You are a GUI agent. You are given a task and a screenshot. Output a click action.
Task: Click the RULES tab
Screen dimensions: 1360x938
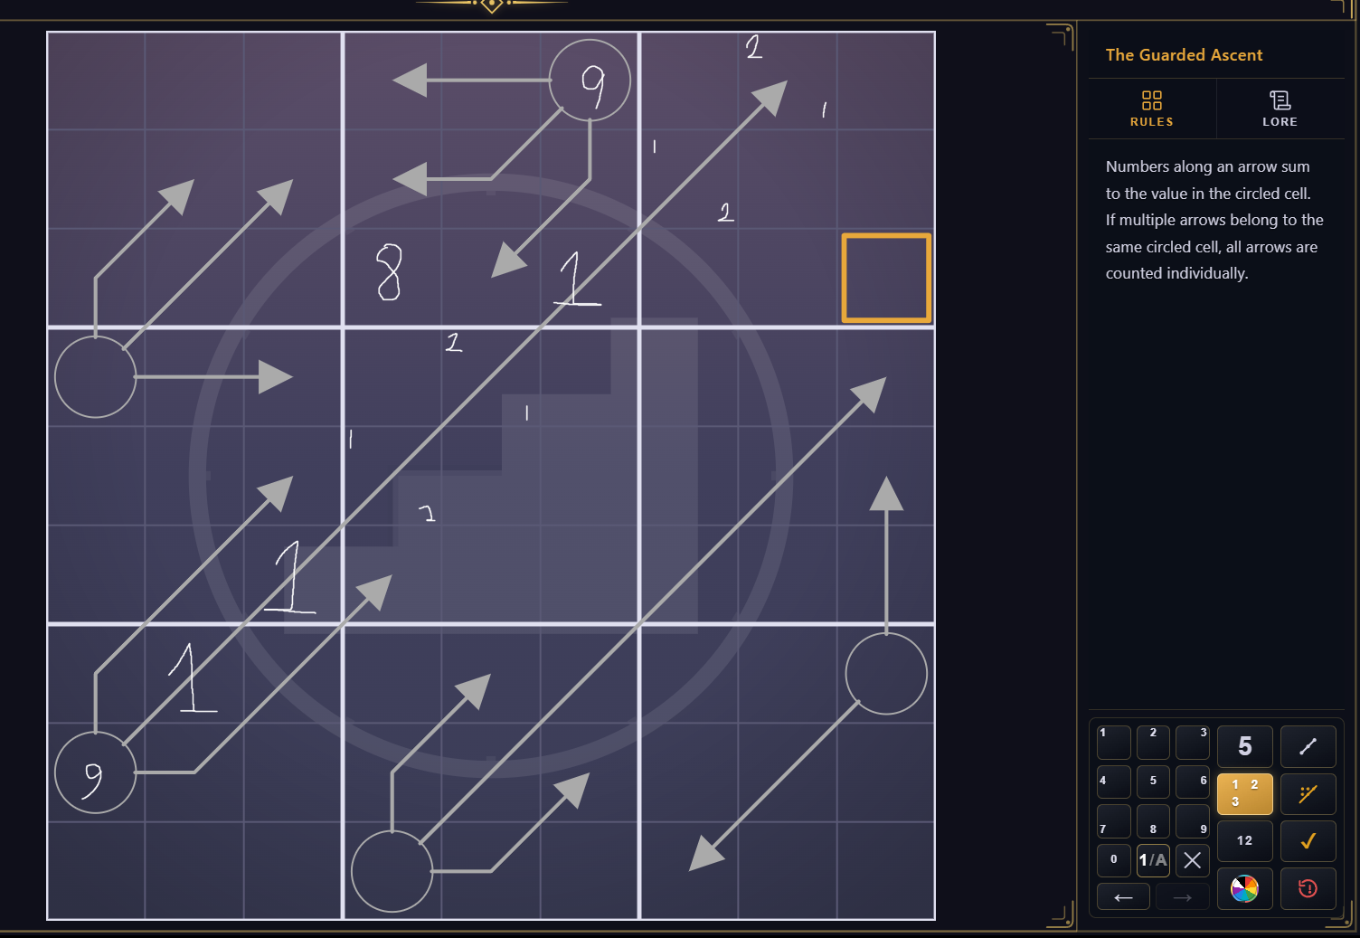coord(1151,109)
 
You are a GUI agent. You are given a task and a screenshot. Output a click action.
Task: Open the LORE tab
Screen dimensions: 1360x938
coord(1280,109)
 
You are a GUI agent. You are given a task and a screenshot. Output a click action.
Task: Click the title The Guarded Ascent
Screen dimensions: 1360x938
coord(1184,54)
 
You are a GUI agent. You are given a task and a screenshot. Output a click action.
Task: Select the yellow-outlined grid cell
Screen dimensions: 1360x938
coord(886,278)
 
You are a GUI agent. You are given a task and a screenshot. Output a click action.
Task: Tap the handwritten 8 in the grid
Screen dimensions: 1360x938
coord(389,272)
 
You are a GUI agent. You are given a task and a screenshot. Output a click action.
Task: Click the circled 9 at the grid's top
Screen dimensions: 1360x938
coord(590,81)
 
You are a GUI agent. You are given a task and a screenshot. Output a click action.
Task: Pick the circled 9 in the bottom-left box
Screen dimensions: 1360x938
coord(95,772)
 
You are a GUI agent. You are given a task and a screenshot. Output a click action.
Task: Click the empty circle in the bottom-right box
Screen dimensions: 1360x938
coord(886,673)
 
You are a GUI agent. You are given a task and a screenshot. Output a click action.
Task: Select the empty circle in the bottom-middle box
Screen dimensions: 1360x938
coord(392,871)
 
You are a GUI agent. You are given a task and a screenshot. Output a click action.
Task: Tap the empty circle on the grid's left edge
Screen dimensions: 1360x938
coord(95,376)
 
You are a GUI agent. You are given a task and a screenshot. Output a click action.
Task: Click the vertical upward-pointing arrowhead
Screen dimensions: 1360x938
coord(886,493)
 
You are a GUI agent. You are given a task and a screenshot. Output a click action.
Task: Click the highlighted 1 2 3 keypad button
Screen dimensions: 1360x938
coord(1244,793)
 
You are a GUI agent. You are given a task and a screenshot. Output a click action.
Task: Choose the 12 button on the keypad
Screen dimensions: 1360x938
coord(1244,841)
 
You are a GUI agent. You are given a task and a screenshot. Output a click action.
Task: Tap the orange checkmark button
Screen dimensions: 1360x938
coord(1308,841)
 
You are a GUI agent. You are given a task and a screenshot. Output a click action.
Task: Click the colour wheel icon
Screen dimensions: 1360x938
coord(1244,889)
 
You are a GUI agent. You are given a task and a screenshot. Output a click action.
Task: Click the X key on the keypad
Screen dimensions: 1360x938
coord(1192,860)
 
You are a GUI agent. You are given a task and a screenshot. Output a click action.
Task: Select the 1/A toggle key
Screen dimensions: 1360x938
coord(1152,860)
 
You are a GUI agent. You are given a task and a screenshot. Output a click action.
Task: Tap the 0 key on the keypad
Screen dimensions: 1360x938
coord(1113,860)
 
